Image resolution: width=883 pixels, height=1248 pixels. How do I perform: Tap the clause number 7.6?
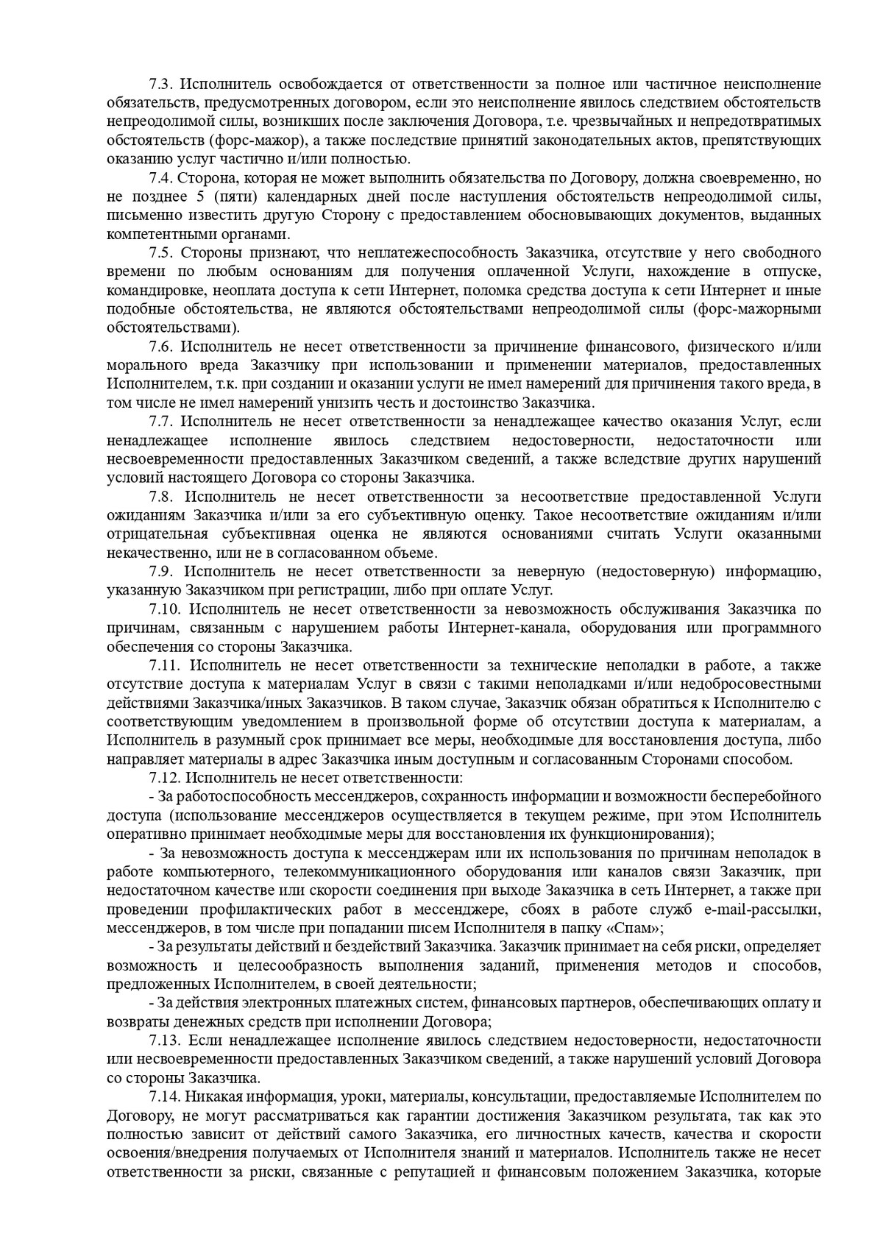point(160,346)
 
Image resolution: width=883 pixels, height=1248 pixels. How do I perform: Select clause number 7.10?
point(164,609)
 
